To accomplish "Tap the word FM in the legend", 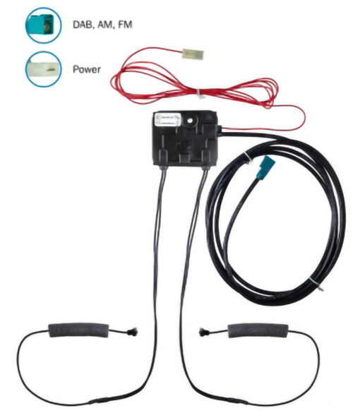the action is [x=125, y=25].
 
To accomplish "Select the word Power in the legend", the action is [x=87, y=69].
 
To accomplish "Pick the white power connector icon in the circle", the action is [x=44, y=69].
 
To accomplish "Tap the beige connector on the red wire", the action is [x=193, y=54].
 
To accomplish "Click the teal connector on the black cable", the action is [x=267, y=167].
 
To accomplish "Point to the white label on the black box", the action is [x=168, y=119].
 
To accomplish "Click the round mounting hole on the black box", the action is [x=189, y=121].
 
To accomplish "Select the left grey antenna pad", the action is [x=78, y=330].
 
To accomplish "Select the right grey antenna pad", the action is [x=258, y=330].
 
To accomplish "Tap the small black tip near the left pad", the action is [x=132, y=332].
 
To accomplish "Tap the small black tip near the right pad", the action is [x=203, y=332].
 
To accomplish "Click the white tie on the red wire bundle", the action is [x=200, y=94].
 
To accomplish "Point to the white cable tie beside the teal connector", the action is [x=248, y=158].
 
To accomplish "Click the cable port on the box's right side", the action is [x=219, y=131].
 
